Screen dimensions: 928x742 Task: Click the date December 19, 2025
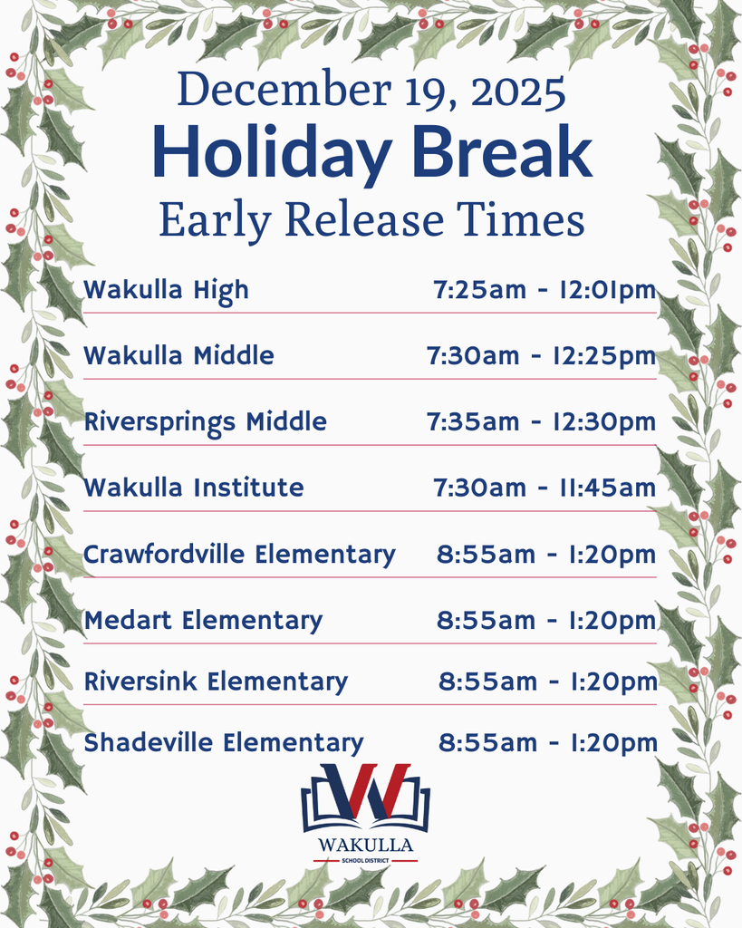coord(371,91)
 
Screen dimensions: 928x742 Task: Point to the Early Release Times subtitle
coord(371,220)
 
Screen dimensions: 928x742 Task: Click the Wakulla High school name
coord(166,290)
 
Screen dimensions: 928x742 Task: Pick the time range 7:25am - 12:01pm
coord(544,290)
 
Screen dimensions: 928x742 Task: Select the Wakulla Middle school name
coord(178,356)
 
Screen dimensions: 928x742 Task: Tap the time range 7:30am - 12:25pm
coord(541,356)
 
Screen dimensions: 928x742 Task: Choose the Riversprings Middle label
coord(206,422)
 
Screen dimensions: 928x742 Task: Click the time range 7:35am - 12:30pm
coord(541,422)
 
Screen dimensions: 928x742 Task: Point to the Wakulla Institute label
coord(194,488)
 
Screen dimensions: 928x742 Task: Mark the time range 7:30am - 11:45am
coord(544,488)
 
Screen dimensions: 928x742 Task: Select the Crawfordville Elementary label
coord(239,554)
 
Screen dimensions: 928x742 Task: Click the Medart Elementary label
coord(203,621)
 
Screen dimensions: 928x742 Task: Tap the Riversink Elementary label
coord(216,681)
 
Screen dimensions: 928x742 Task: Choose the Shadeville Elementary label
coord(224,743)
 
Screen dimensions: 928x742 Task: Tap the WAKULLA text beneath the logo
coord(366,846)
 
